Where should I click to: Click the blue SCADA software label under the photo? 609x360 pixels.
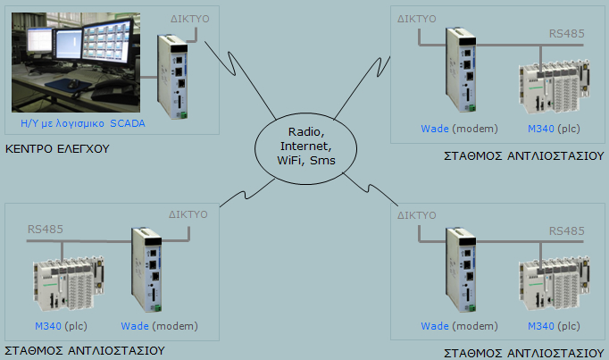pos(81,122)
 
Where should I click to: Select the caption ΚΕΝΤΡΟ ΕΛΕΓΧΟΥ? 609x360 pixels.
pos(57,149)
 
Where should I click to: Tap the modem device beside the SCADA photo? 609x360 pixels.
pos(172,76)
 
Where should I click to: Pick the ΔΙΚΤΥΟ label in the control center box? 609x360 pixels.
pos(189,20)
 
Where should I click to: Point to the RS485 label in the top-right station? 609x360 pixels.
pos(566,35)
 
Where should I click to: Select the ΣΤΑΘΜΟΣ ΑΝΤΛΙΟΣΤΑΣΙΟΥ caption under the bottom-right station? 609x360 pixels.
pos(524,353)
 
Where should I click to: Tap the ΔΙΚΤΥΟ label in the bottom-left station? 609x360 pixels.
pos(188,215)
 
